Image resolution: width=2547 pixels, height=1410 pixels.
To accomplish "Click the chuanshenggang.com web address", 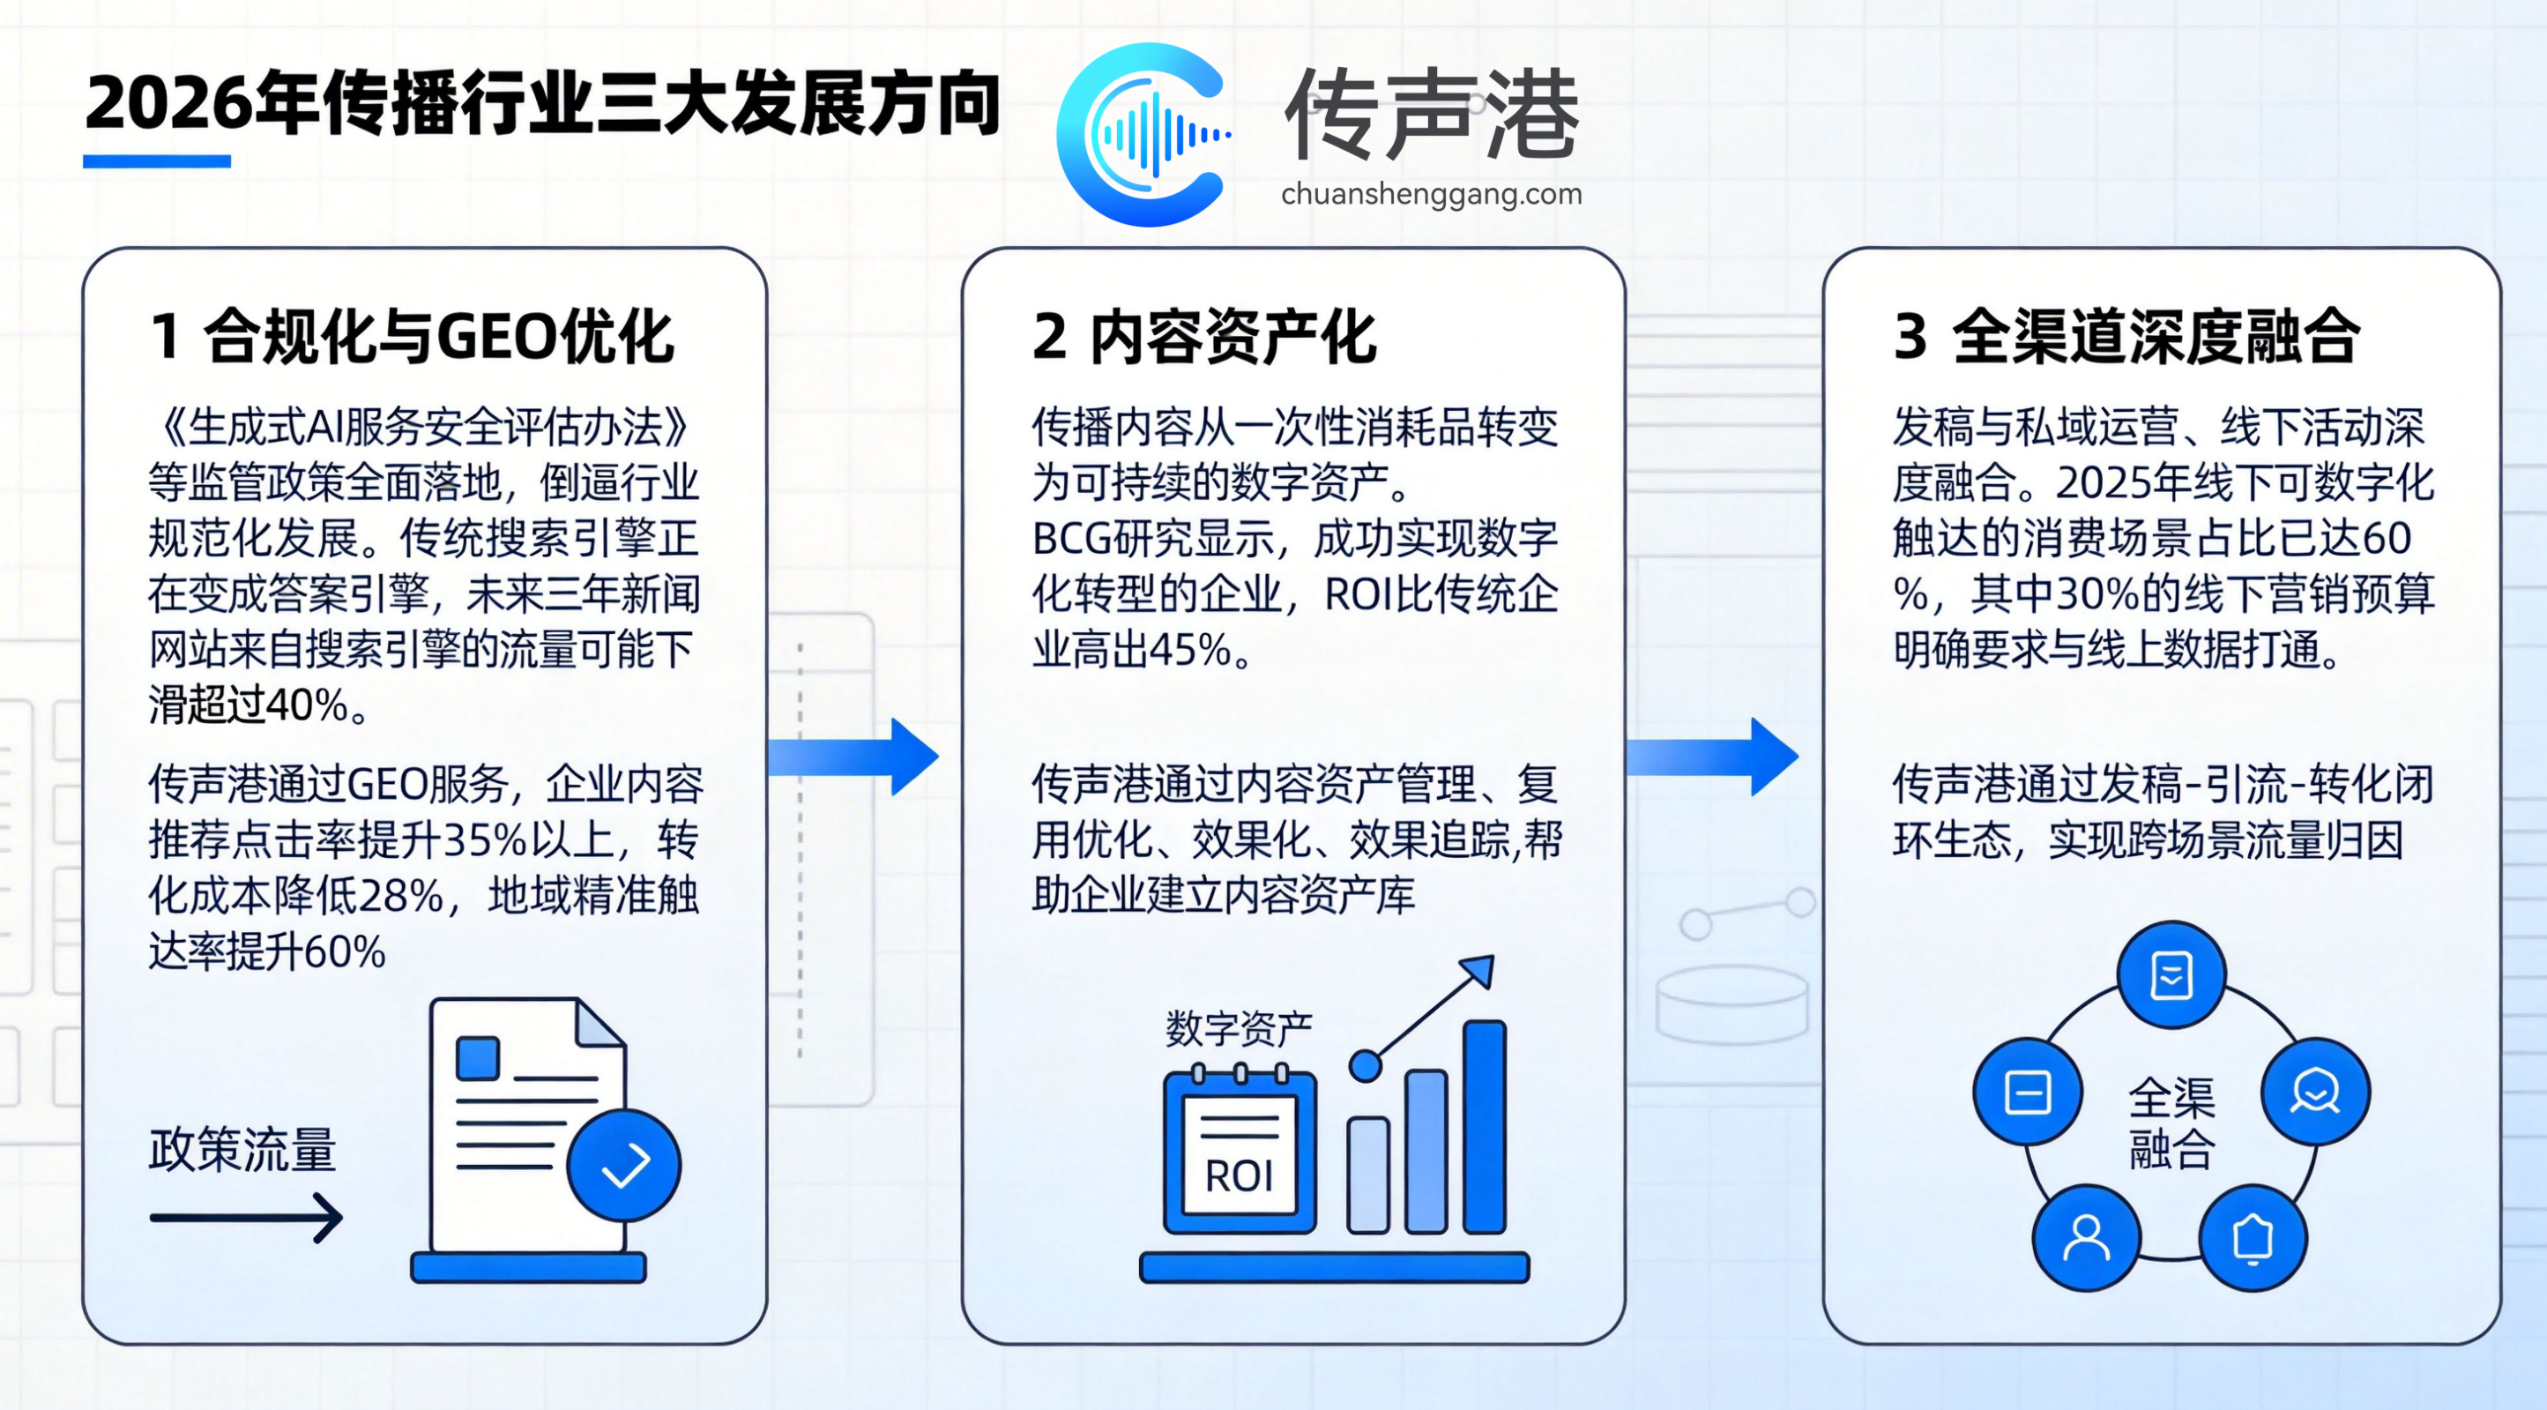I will [x=1431, y=194].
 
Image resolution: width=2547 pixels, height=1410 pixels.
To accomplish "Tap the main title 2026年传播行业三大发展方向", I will [x=542, y=104].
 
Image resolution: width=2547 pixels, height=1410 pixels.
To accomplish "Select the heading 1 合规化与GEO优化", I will [x=412, y=336].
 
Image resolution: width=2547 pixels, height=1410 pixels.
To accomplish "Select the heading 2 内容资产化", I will [x=1203, y=336].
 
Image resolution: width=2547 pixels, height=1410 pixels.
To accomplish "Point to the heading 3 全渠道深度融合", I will [x=2126, y=336].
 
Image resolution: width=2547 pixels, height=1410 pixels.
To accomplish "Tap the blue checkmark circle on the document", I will [x=624, y=1165].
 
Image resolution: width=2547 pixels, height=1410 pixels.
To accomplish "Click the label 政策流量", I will [x=243, y=1150].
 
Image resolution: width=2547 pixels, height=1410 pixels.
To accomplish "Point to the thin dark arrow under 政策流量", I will [x=246, y=1217].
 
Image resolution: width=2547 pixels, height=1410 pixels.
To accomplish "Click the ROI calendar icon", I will [x=1240, y=1153].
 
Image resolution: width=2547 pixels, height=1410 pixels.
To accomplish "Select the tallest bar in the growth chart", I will [x=1484, y=1126].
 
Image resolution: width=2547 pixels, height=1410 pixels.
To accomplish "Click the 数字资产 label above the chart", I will [x=1239, y=1029].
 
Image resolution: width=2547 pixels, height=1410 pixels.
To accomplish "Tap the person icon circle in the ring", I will [x=2086, y=1237].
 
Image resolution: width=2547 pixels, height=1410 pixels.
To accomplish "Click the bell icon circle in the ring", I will [x=2253, y=1237].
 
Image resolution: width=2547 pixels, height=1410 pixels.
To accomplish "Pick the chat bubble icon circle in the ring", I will [x=2316, y=1092].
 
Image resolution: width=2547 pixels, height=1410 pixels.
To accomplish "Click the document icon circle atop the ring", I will [x=2171, y=975].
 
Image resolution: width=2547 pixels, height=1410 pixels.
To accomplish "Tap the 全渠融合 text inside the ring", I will [x=2171, y=1123].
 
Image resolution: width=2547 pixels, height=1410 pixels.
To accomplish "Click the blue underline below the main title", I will [x=156, y=161].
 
